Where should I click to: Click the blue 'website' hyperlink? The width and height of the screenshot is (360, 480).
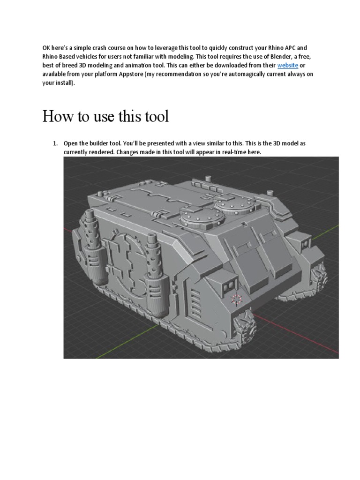(287, 66)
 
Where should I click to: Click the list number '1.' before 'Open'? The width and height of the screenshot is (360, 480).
(55, 143)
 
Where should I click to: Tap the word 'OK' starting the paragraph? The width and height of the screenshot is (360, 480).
(47, 48)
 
